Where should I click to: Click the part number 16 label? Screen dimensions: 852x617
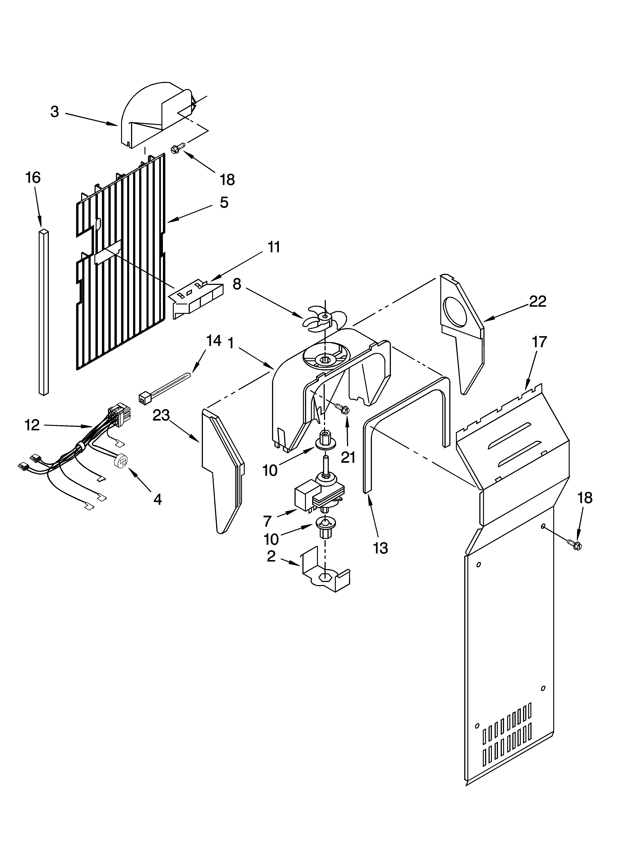[x=33, y=178]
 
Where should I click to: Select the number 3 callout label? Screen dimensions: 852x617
[x=55, y=111]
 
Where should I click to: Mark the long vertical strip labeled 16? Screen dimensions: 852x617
[x=44, y=312]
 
